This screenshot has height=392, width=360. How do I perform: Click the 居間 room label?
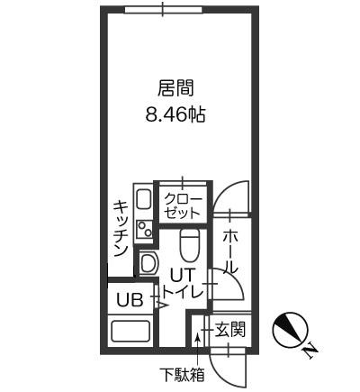point(175,87)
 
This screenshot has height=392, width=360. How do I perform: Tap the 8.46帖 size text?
point(175,114)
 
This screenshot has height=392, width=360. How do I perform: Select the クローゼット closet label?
point(183,205)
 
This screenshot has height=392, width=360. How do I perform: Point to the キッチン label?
point(121,229)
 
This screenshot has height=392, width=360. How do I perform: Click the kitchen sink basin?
point(143,199)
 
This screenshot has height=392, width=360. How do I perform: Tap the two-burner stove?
point(144,229)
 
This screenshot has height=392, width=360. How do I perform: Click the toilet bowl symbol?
point(190,245)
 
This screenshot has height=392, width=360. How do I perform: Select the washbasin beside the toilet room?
point(148,263)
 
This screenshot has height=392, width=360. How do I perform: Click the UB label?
point(130,300)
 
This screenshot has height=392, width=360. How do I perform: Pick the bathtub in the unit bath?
point(130,331)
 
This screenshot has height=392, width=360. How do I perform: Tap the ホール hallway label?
point(230,251)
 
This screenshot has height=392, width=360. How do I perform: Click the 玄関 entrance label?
point(230,329)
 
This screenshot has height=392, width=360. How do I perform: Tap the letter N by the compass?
point(310,352)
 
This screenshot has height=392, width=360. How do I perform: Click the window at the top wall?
point(164,10)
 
